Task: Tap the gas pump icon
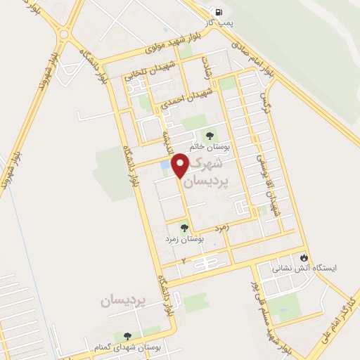click(220, 12)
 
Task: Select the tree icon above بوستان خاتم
click(209, 136)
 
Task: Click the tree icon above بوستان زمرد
click(184, 228)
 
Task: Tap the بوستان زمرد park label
click(185, 240)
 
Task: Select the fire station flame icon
click(304, 257)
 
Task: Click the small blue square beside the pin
click(165, 165)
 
